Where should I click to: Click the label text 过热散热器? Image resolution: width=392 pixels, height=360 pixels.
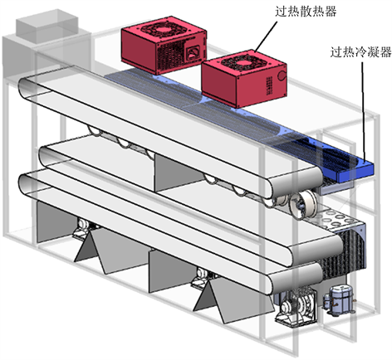(306, 12)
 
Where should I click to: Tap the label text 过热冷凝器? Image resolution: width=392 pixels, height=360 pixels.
(361, 51)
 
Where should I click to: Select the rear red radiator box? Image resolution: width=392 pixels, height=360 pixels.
(164, 45)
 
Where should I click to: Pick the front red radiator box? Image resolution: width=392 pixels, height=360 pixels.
(244, 78)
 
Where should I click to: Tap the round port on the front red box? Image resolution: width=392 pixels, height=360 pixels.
(281, 75)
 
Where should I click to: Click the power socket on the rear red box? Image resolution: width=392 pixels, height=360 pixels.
(193, 53)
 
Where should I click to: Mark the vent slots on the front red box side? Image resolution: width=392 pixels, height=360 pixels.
(268, 85)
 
